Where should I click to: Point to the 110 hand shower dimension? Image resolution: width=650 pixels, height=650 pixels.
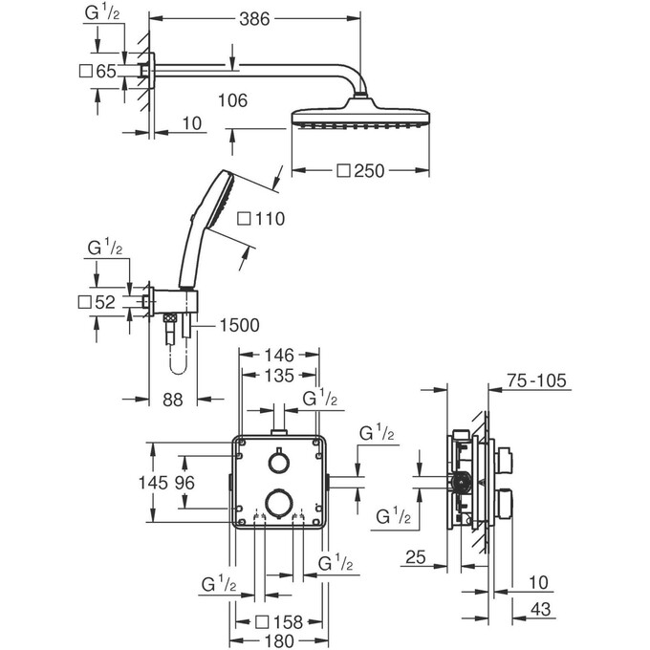(x=261, y=220)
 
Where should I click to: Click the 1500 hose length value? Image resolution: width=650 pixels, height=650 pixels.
(x=239, y=326)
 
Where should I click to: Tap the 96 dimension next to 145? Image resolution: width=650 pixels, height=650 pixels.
(x=185, y=484)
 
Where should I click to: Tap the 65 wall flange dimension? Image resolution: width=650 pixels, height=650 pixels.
(x=104, y=71)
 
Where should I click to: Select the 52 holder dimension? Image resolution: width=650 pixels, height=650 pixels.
(x=104, y=303)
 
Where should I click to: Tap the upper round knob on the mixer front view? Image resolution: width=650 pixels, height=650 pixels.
(x=279, y=463)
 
